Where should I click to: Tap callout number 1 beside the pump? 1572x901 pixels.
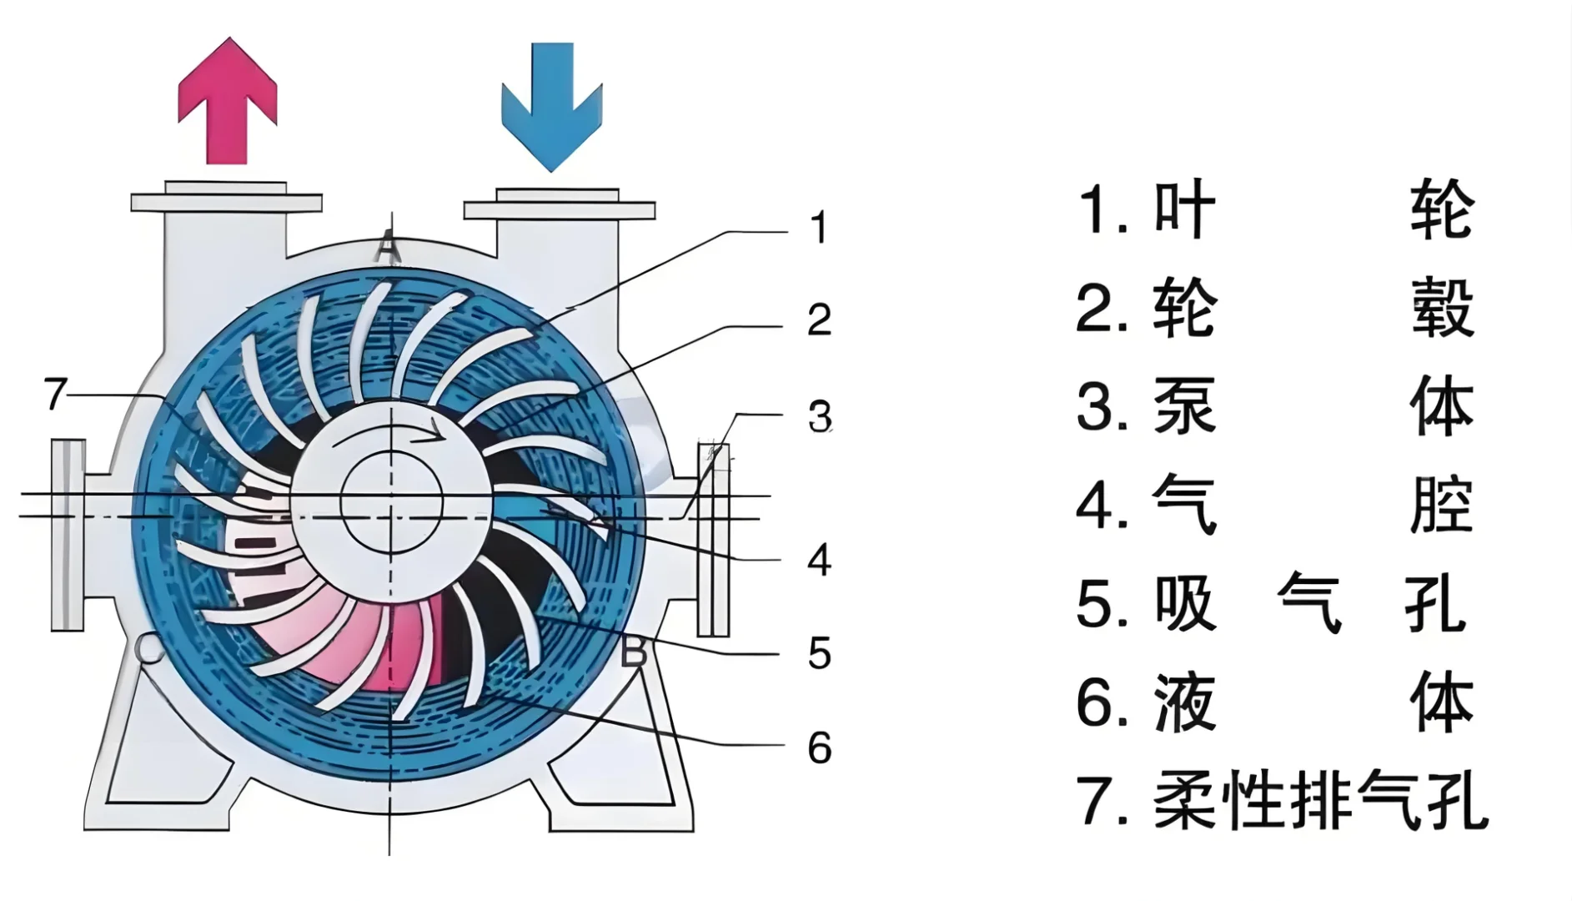point(819,228)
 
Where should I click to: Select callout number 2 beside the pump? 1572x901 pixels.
point(819,320)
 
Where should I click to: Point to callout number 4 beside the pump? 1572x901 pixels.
point(819,560)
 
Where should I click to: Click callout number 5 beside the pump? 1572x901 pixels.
point(819,653)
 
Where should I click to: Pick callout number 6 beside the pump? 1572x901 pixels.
point(819,747)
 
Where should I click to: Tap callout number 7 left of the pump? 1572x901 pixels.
point(55,394)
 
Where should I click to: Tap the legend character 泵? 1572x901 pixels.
point(1184,407)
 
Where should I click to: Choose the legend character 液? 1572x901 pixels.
point(1184,703)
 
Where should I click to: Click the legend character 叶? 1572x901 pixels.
point(1184,209)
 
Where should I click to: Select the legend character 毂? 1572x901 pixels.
point(1442,308)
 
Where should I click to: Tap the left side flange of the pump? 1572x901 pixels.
point(68,534)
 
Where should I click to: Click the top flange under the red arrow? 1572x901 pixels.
point(226,201)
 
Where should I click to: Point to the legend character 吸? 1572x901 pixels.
point(1184,604)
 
